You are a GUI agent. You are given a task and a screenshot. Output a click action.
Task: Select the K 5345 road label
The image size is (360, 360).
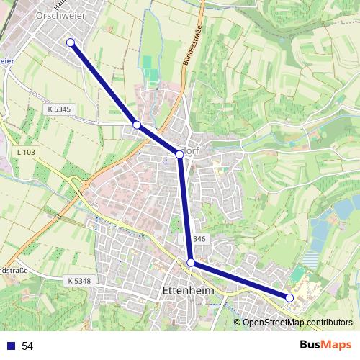(x=58, y=109)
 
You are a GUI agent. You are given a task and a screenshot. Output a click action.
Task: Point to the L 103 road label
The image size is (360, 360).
(x=24, y=152)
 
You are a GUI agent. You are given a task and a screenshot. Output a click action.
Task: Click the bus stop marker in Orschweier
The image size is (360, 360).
(x=71, y=42)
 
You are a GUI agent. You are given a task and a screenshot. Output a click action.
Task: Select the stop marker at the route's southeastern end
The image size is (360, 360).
(x=289, y=297)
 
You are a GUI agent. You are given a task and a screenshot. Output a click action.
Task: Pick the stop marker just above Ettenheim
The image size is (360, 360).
(x=191, y=263)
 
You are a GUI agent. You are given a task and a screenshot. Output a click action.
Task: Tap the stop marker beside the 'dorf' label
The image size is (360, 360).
(x=180, y=154)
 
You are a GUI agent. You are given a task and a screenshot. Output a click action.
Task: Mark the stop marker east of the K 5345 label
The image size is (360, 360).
(x=137, y=125)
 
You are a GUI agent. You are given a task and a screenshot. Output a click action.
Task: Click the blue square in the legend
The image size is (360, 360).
(x=9, y=346)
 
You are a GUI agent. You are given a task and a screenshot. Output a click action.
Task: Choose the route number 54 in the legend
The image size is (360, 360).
(x=27, y=346)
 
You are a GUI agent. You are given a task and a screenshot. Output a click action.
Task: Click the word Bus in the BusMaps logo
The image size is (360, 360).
(x=312, y=346)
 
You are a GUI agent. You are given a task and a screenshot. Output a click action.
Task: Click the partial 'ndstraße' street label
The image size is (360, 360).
(x=13, y=271)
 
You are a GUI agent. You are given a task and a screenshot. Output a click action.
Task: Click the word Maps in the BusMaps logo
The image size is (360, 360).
(x=338, y=346)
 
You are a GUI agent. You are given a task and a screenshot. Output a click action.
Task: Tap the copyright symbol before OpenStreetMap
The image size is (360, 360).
(x=238, y=323)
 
